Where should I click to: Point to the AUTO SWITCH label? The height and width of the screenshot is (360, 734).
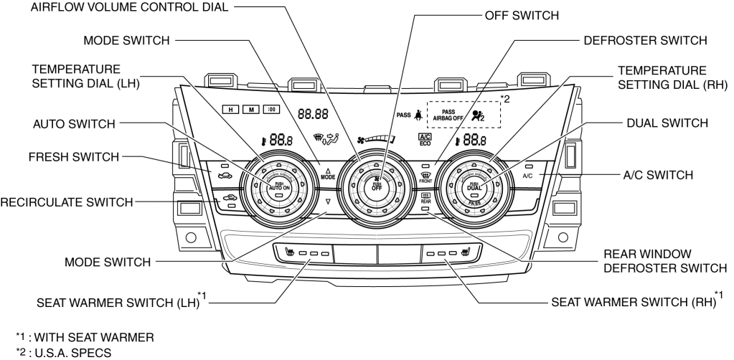(74, 123)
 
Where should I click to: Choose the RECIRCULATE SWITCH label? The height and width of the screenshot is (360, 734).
(66, 203)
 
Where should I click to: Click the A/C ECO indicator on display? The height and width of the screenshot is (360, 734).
(425, 141)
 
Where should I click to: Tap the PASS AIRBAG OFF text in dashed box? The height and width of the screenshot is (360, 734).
(447, 115)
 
